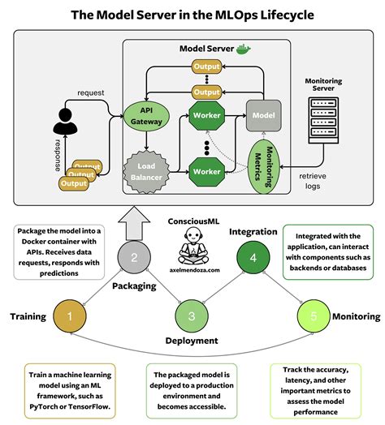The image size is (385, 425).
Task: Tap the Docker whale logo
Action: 243,48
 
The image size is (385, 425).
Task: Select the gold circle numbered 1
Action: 69,315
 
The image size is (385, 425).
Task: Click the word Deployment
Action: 192,341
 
